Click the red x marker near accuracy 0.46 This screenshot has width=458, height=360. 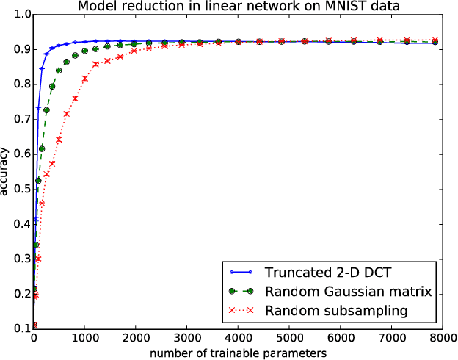(42, 204)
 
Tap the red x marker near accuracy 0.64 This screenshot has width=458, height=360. (59, 139)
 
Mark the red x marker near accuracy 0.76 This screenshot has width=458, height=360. (75, 98)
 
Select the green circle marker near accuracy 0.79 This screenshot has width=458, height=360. (52, 87)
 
